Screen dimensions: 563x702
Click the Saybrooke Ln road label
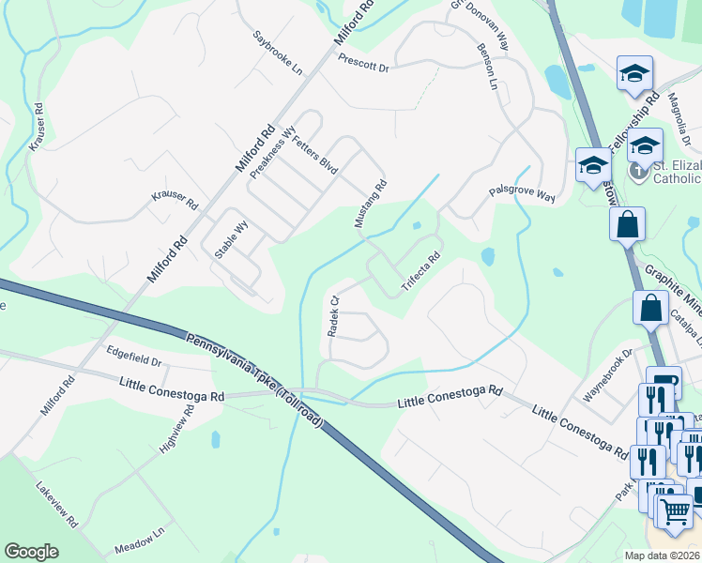(279, 55)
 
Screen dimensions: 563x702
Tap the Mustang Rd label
(370, 205)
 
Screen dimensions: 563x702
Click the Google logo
(31, 552)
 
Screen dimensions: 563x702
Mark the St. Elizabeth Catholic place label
(676, 172)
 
